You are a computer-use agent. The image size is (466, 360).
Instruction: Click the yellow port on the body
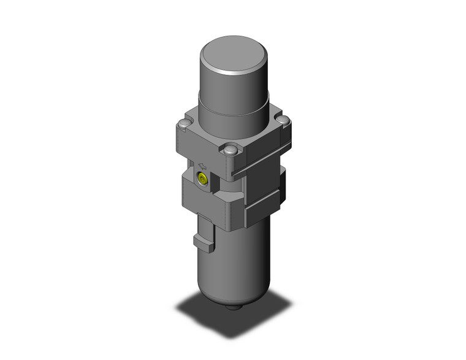(202, 180)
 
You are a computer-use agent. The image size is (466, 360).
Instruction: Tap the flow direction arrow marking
(202, 164)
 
